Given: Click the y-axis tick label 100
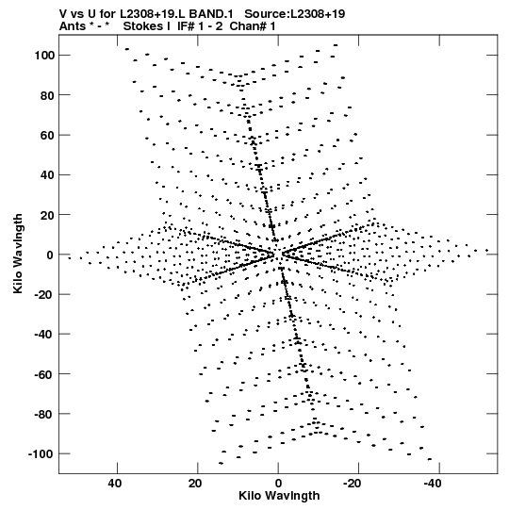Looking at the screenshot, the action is coord(44,56).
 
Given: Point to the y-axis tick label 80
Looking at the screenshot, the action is coord(47,95).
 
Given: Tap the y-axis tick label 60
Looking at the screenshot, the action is coord(47,135).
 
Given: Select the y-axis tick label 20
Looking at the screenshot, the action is coord(47,215).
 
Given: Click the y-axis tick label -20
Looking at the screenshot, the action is coord(44,294).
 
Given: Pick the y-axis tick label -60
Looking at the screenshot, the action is coord(44,374).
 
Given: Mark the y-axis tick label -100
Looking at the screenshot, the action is coord(41,453).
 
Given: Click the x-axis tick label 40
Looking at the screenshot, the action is coord(116,484).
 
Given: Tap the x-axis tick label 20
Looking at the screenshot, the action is coord(195,484).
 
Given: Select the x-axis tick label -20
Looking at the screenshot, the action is coord(352,484).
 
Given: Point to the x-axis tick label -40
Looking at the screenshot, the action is coord(433,484).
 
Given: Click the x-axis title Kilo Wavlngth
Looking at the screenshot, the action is coord(279,496).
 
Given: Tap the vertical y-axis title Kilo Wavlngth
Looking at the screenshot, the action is coord(18,254).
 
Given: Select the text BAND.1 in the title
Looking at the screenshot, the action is coord(211,14).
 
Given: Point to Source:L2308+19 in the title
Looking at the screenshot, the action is coord(295,14).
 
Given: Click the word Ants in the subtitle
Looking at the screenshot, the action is coord(73,26).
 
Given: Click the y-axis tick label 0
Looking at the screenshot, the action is coord(50,255).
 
